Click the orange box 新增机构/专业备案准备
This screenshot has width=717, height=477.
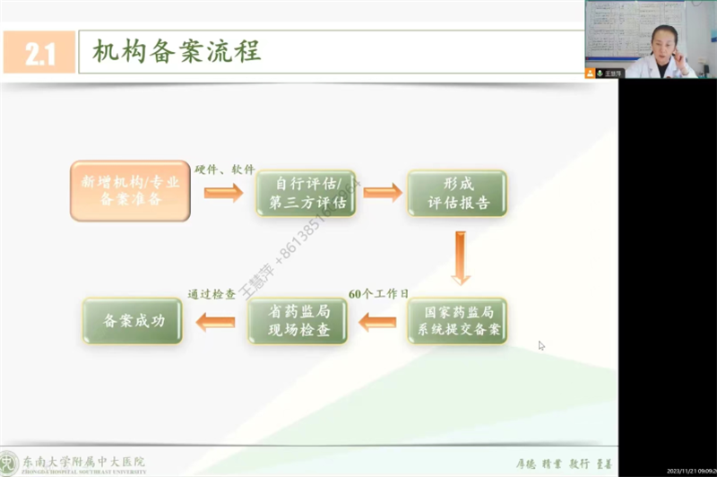[130, 191]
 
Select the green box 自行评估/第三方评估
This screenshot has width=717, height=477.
[306, 193]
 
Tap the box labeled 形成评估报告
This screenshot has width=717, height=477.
[457, 193]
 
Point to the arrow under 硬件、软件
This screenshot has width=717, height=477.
[223, 192]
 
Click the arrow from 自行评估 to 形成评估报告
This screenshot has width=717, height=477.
[383, 192]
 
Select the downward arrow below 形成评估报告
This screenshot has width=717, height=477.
[461, 258]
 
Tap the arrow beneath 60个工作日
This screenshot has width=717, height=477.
[378, 319]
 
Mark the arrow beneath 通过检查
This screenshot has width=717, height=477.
[215, 319]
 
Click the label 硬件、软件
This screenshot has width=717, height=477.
[225, 169]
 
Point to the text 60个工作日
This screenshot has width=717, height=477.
[377, 293]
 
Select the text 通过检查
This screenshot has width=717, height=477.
[212, 293]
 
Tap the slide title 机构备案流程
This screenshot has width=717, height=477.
[177, 52]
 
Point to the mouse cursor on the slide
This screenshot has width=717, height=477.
[541, 345]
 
